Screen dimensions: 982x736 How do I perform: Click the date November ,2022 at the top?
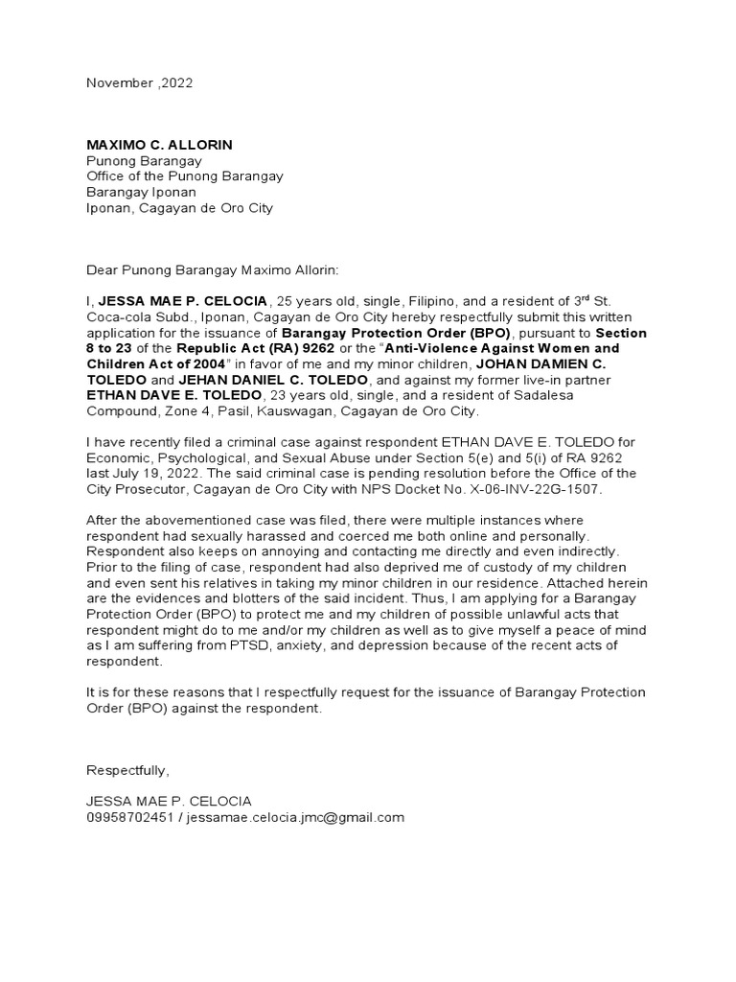pos(140,82)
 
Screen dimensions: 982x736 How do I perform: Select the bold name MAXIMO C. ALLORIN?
pos(159,145)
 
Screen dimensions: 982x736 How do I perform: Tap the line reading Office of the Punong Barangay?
pos(185,176)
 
